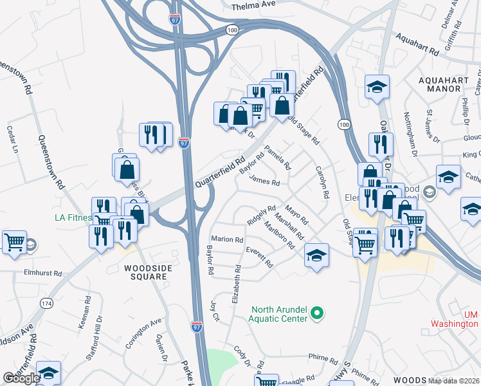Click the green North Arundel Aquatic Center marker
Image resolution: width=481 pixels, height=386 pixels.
pos(316,313)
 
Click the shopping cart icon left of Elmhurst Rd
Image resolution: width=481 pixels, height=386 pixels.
pos(14,242)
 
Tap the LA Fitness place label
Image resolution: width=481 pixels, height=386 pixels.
pos(72,217)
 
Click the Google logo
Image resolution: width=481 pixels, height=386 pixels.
pos(21,378)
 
